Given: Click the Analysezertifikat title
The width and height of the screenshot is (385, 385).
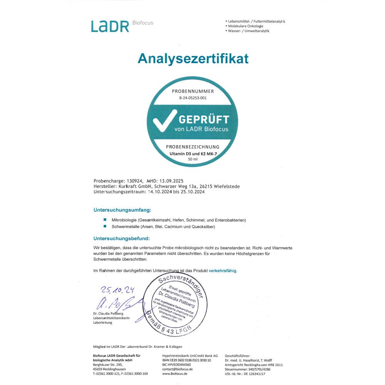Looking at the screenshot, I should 193,59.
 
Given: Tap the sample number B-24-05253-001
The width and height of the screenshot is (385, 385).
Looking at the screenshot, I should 192,98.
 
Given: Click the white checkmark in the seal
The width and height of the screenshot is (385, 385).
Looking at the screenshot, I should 165,122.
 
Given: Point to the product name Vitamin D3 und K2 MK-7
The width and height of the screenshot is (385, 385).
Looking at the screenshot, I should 192,154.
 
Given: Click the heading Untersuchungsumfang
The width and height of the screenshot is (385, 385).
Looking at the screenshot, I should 122,210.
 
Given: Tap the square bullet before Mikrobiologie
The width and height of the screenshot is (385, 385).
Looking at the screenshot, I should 105,219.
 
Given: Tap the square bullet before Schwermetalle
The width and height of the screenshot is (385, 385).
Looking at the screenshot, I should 105,226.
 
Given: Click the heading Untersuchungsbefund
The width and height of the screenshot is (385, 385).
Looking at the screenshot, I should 121,239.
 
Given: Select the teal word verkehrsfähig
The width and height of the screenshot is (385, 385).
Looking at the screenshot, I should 223,271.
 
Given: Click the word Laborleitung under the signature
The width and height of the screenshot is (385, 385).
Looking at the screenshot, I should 102,323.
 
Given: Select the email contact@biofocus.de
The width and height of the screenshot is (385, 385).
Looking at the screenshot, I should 177,369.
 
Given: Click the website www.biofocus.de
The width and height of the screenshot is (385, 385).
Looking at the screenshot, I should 175,373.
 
